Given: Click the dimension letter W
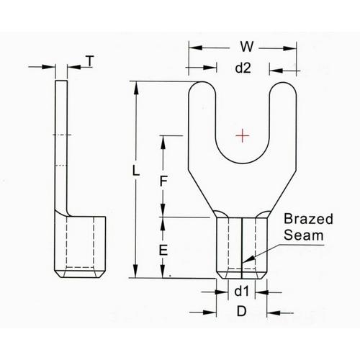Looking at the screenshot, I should point(244,48).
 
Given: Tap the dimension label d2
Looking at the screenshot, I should point(243,69).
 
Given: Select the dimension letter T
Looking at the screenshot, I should point(89,62).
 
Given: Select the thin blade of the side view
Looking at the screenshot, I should point(61,144).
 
